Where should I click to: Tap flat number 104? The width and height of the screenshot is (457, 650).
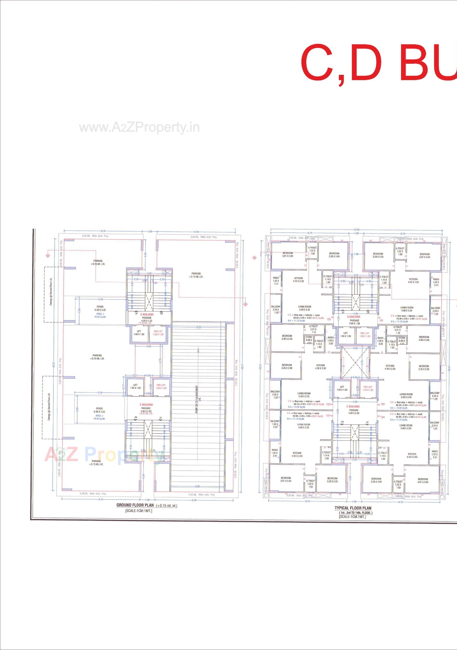(383, 417)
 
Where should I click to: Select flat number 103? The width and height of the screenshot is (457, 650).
(383, 404)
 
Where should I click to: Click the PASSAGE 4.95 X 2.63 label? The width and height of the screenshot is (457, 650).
(146, 410)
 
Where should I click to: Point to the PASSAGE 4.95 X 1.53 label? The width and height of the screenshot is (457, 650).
(147, 319)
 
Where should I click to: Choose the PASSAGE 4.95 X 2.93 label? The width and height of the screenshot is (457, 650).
(354, 412)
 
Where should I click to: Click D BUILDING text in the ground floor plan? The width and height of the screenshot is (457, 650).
(147, 314)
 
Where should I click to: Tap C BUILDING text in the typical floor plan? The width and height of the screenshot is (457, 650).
(353, 407)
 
